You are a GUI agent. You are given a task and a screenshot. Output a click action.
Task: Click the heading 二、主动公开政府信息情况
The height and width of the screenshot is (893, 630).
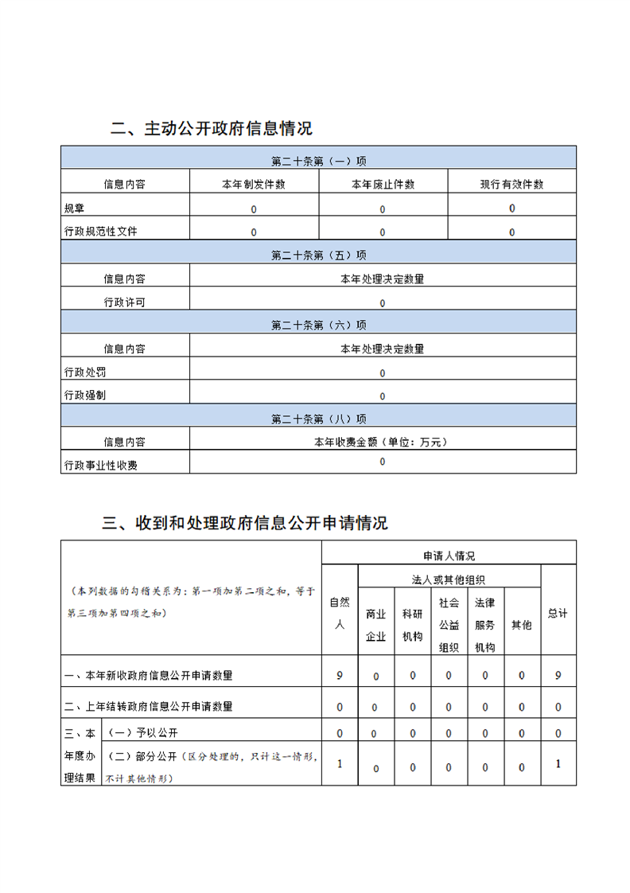click(x=212, y=129)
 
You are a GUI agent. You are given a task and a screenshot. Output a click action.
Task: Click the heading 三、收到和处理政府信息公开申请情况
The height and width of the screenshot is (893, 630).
click(x=246, y=523)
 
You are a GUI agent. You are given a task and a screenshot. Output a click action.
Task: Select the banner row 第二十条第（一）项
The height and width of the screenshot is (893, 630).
click(x=318, y=161)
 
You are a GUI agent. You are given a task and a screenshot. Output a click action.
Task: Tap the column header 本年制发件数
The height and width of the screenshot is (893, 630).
click(x=254, y=184)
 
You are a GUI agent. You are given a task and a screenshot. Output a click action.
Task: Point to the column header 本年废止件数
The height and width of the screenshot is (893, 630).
click(x=383, y=184)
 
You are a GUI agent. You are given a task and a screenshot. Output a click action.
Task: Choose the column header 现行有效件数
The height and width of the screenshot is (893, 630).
click(x=511, y=184)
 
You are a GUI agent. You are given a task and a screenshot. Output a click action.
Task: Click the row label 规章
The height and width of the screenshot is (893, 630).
click(x=74, y=209)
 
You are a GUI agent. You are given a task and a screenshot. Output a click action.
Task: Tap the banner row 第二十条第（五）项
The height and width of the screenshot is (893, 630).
click(x=318, y=255)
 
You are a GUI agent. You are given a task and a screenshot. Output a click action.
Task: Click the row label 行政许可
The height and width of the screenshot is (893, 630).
click(x=124, y=302)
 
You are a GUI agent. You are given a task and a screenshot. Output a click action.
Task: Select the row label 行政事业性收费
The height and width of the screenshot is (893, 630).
click(x=100, y=465)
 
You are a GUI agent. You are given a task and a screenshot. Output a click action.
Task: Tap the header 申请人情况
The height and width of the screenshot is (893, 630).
click(x=449, y=556)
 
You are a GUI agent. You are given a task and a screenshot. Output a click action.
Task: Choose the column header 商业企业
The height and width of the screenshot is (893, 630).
click(x=375, y=625)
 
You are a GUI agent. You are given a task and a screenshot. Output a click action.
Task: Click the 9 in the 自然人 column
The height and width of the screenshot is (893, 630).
click(x=340, y=675)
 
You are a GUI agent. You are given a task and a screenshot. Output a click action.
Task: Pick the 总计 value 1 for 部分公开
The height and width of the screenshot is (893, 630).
click(x=558, y=763)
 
